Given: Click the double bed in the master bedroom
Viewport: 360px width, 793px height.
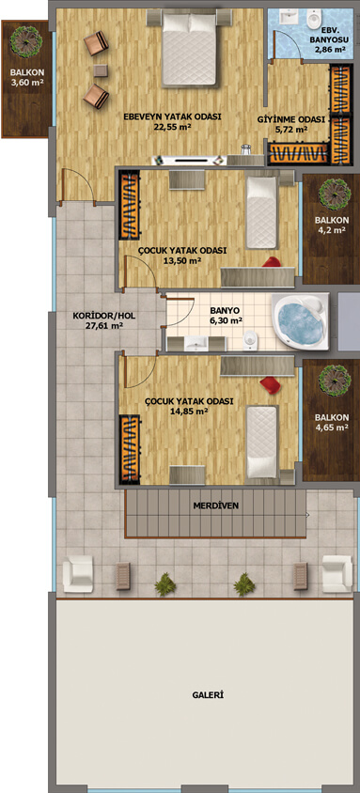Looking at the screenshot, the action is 190,49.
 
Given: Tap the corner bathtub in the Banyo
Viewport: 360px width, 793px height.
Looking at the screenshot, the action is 301,321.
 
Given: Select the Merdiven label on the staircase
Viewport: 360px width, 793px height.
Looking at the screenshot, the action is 216,505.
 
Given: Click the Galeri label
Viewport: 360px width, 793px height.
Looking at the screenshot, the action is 208,695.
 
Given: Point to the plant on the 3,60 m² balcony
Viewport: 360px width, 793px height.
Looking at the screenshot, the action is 26,40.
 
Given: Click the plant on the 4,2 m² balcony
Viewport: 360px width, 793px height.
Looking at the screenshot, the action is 335,194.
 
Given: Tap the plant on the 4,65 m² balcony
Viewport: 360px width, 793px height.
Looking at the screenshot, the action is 335,380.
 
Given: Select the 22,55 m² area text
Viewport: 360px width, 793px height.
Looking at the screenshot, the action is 173,128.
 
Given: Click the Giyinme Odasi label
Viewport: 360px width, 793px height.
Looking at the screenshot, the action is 283,120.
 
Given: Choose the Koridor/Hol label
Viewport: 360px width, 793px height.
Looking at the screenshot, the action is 104,317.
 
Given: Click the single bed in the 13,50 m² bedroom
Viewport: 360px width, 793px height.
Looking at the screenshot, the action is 261,212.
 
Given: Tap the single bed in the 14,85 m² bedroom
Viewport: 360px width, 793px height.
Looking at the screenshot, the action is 262,442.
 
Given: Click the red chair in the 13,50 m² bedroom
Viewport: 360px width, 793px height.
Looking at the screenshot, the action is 273,262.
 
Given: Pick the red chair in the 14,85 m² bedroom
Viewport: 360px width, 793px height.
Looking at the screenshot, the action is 271,385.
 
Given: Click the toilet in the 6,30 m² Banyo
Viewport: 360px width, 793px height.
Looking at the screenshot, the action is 249,341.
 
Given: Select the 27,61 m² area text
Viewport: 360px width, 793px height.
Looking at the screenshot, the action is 104,326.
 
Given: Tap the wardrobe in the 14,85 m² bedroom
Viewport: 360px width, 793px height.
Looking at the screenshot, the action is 130,447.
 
